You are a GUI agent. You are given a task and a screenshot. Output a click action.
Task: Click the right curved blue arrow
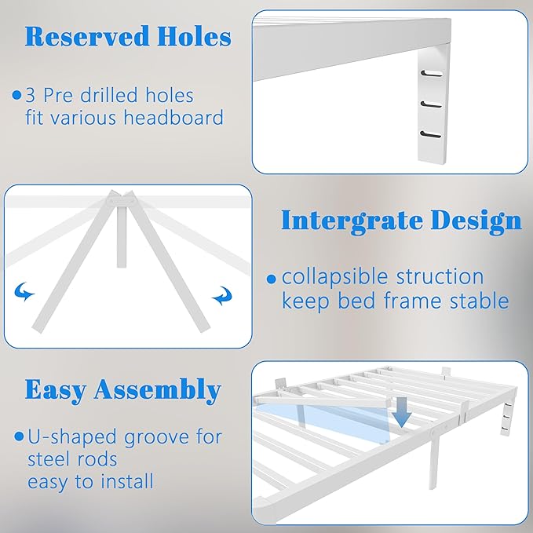(x=222, y=297)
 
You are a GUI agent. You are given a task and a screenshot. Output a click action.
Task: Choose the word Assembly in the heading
(x=159, y=391)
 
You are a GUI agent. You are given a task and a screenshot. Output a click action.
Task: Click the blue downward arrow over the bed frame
(x=401, y=414)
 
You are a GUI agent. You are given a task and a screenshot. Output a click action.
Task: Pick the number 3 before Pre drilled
(x=30, y=96)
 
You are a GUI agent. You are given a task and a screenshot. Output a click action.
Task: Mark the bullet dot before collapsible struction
(x=271, y=278)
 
